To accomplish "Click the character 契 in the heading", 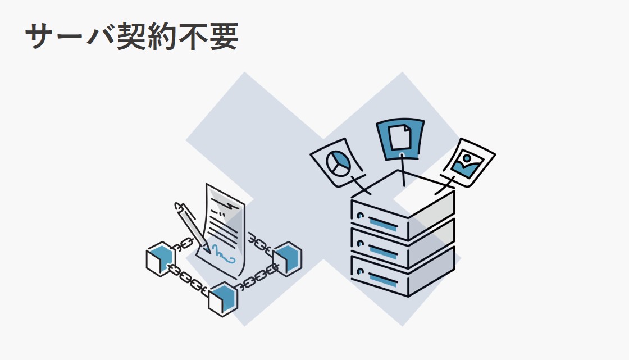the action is pos(131,37).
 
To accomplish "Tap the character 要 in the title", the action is pos(224,37).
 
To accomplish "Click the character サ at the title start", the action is pos(40,37).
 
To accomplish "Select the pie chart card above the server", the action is pos(336,162).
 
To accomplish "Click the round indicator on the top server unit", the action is pos(360,216).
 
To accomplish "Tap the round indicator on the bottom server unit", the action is pos(360,272).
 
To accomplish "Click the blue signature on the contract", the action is pos(222,254).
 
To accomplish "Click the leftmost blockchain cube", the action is pos(161,259).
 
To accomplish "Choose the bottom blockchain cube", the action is pos(223,299).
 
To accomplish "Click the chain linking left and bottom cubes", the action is pos(188,277).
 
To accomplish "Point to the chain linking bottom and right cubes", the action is pos(257,277).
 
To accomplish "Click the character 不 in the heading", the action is pos(193,37).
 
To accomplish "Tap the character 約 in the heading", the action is pos(162,37).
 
